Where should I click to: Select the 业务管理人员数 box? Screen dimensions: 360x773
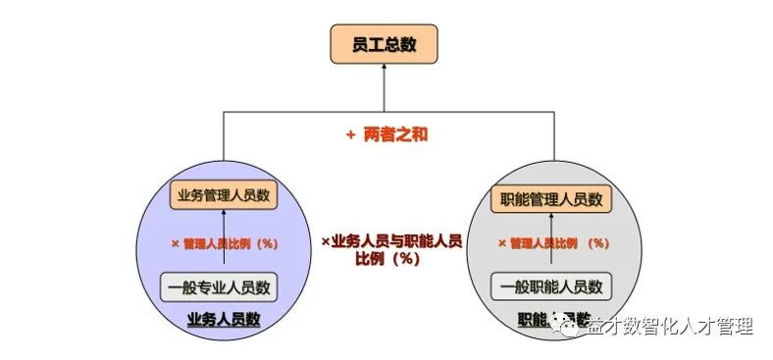[x=223, y=195]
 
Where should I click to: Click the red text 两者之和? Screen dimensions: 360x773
[x=395, y=135]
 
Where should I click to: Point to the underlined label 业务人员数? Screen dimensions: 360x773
[x=224, y=319]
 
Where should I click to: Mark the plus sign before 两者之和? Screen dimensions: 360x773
[x=349, y=135]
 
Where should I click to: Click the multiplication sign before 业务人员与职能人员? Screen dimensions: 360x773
[x=327, y=239]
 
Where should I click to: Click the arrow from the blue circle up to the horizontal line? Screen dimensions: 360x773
[x=223, y=147]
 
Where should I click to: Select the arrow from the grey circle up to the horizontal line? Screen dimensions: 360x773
[x=552, y=147]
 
